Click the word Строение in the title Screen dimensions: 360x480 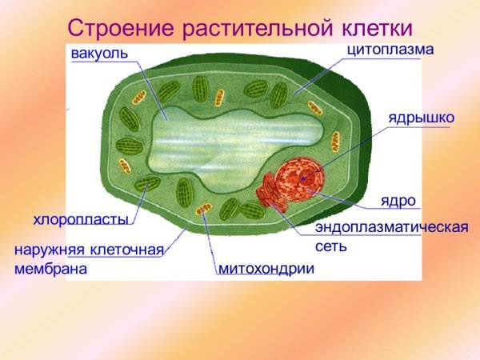[x=120, y=27]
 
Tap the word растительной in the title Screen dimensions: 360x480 [x=258, y=27]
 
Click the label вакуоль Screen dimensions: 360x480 [x=99, y=54]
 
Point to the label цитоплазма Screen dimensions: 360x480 [x=390, y=50]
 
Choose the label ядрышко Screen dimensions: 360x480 [x=422, y=118]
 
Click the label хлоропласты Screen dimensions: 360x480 [x=81, y=218]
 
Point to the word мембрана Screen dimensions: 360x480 [x=50, y=269]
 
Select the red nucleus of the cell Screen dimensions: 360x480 [x=301, y=183]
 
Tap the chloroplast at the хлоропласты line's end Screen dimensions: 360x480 [x=147, y=185]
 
